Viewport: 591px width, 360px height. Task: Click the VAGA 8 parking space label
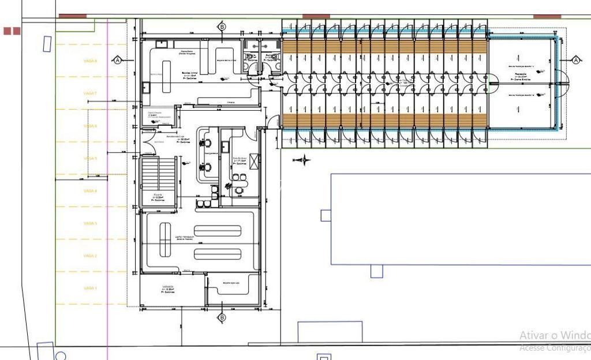(x=91, y=61)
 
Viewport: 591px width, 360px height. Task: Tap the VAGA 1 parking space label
(x=91, y=288)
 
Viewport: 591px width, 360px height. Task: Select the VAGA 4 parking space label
(x=91, y=190)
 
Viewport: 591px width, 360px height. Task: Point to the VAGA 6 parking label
(x=91, y=126)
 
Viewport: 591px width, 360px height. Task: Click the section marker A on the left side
(x=117, y=60)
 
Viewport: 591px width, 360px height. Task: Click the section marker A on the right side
(x=575, y=60)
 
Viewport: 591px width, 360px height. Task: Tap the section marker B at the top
(x=222, y=27)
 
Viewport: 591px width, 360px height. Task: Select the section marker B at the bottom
(x=222, y=317)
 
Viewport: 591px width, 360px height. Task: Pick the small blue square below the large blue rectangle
(x=377, y=271)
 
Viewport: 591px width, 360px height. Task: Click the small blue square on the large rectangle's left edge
(x=326, y=215)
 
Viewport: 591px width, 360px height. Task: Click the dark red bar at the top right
(x=547, y=16)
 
